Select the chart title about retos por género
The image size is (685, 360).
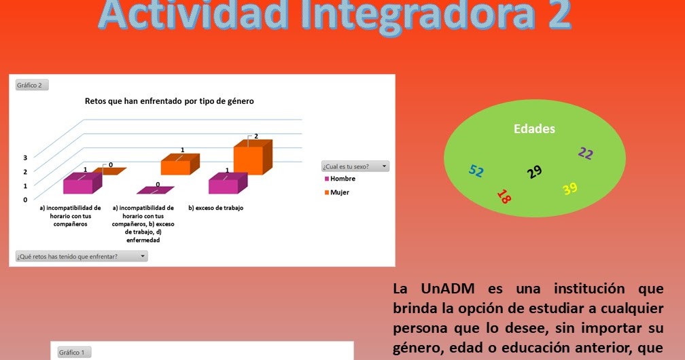(x=169, y=101)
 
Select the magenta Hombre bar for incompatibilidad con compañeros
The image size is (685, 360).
(x=80, y=185)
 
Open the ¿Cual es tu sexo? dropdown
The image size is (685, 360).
(x=355, y=166)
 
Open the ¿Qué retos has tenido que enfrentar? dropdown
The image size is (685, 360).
(x=81, y=257)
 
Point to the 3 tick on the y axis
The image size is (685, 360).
(x=25, y=157)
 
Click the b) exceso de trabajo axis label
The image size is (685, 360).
(x=215, y=208)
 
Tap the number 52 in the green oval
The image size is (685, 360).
(x=476, y=171)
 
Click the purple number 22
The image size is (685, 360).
(x=585, y=154)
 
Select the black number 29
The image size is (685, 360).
(x=535, y=171)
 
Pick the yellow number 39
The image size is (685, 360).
(x=569, y=189)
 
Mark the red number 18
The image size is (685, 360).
(x=504, y=197)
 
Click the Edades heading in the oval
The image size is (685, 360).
(x=534, y=129)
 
